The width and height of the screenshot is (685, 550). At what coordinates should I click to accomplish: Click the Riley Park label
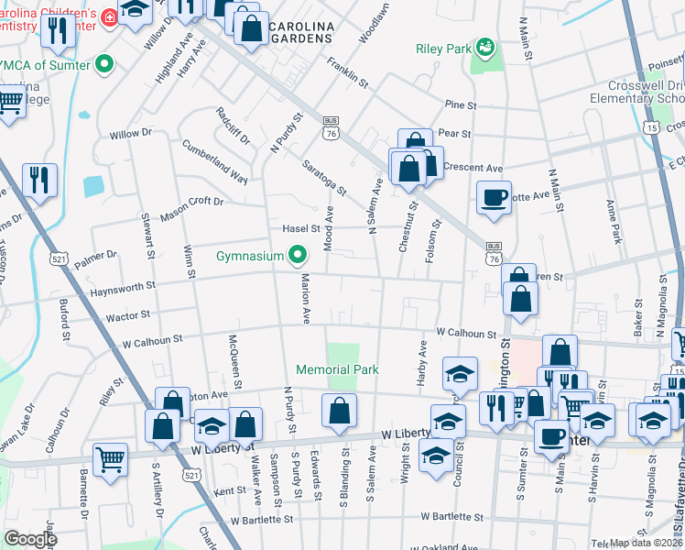[x=443, y=49]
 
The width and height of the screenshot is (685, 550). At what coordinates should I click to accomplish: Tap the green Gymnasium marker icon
[x=297, y=255]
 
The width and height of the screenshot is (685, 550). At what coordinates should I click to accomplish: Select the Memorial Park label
[x=337, y=369]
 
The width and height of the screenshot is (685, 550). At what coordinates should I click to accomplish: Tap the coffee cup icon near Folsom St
[x=495, y=198]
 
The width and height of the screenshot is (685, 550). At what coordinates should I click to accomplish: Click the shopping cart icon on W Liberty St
[x=110, y=458]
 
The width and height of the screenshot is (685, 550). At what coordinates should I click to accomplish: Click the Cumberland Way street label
[x=214, y=161]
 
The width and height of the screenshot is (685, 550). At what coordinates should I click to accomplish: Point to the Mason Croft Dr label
[x=191, y=209]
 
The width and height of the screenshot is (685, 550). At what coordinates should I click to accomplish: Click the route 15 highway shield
[x=651, y=127]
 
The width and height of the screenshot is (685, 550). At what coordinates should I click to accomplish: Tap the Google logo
[x=30, y=539]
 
